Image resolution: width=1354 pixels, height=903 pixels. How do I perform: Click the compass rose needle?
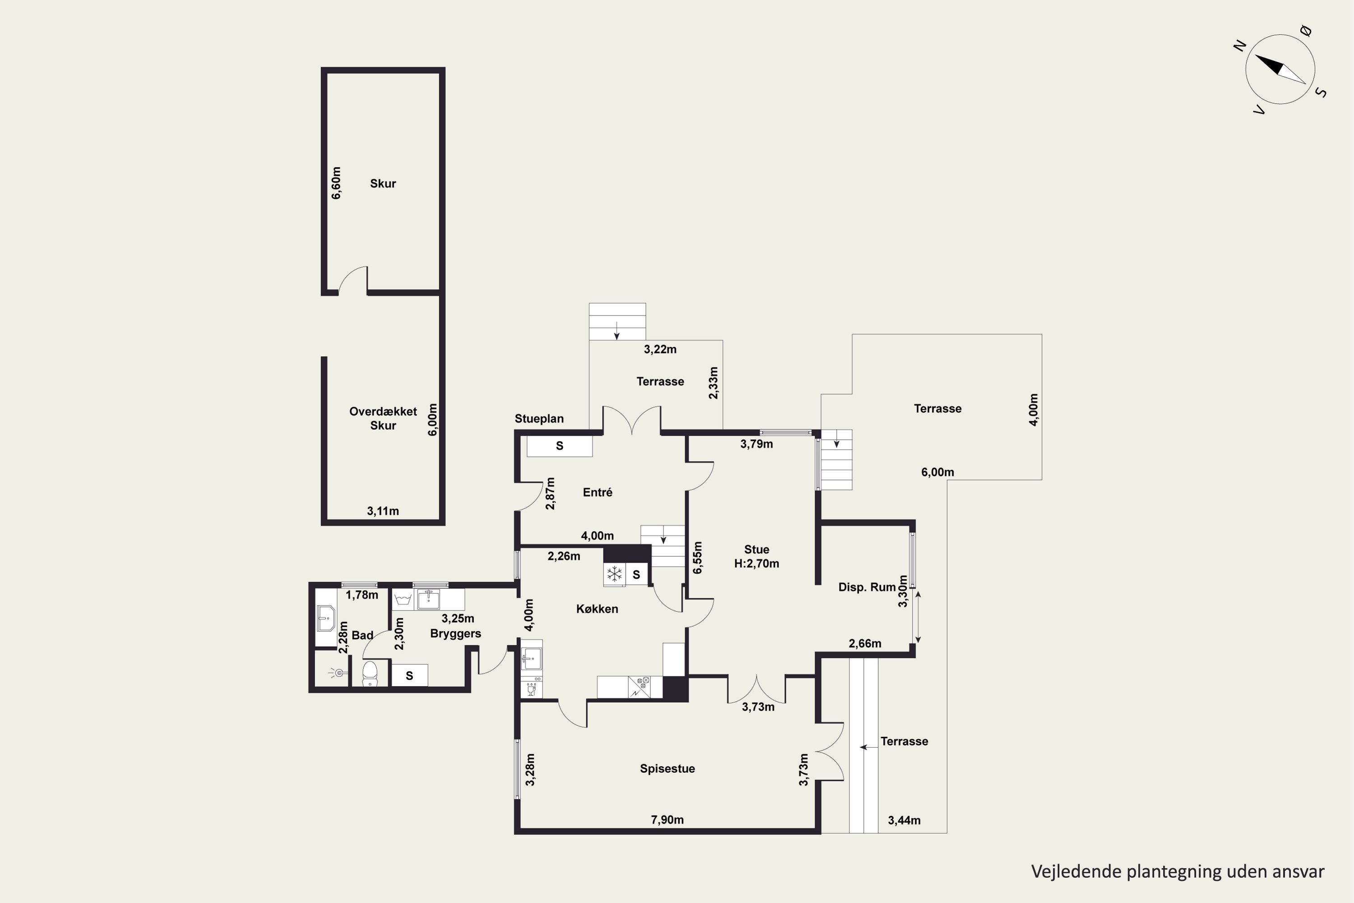(x=1280, y=70)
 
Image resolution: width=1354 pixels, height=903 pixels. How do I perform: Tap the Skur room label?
(x=383, y=184)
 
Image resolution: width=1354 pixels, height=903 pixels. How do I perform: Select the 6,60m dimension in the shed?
(x=336, y=183)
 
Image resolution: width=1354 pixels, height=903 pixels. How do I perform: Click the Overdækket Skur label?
(x=383, y=419)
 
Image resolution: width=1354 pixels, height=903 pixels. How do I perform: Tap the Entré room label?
(x=598, y=493)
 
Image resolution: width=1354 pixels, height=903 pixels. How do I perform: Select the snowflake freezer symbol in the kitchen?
(x=615, y=573)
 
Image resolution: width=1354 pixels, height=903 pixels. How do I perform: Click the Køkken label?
(x=597, y=609)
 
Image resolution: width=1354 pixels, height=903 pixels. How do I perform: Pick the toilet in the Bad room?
(x=370, y=673)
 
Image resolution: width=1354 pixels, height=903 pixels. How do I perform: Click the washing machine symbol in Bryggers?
(x=403, y=600)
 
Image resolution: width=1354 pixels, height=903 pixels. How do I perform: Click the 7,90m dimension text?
(x=667, y=820)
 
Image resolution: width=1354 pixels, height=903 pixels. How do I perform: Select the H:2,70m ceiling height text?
(x=756, y=564)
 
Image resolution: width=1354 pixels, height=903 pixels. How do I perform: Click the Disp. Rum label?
(x=867, y=587)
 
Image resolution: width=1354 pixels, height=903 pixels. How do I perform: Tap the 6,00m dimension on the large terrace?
(x=937, y=473)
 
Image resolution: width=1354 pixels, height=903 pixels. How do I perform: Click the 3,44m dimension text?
(x=904, y=821)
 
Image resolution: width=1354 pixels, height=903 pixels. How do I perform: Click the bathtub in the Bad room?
(x=326, y=618)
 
